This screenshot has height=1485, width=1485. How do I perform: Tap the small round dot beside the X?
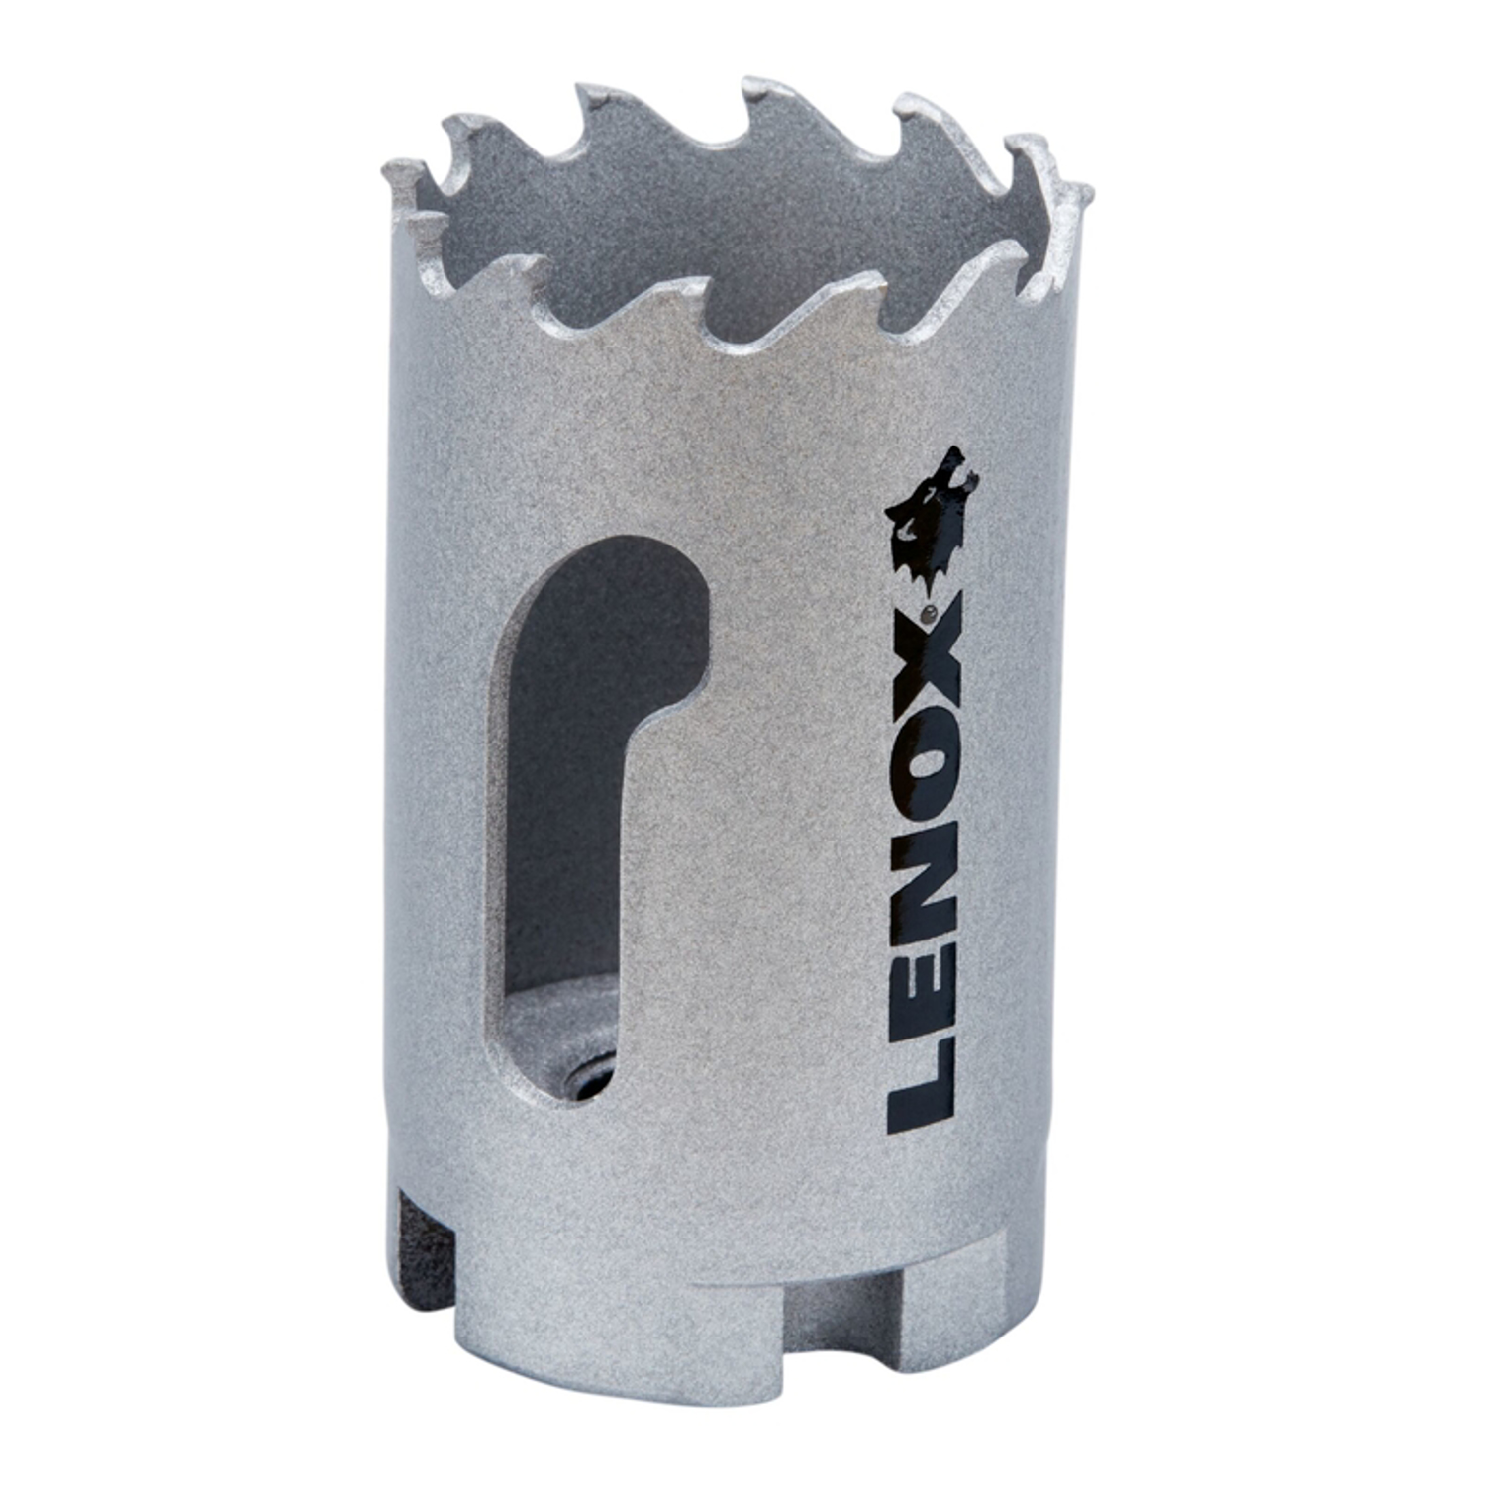pos(929,615)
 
